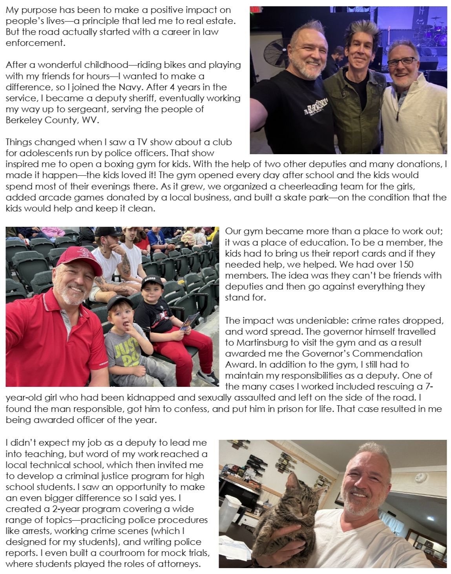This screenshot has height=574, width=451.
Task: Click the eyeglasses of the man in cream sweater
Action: click(x=400, y=62)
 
